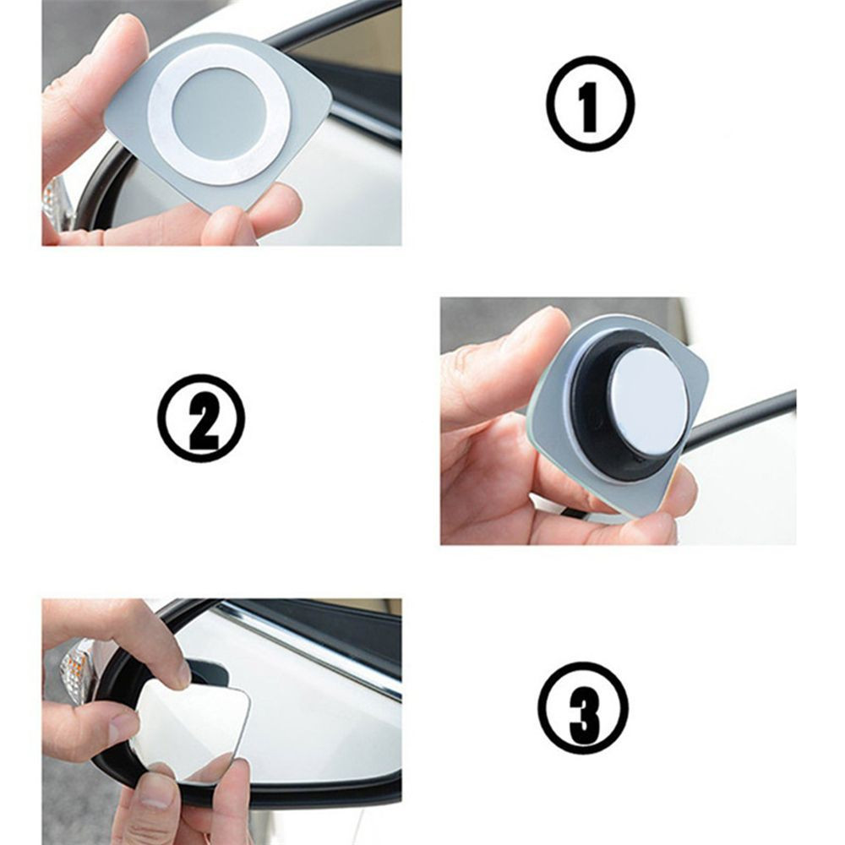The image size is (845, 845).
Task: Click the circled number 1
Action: pos(590,103)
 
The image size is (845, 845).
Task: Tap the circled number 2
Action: pos(200,418)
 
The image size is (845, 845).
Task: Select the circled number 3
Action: pos(582,706)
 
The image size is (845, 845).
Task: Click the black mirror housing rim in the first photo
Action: pos(100,177)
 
